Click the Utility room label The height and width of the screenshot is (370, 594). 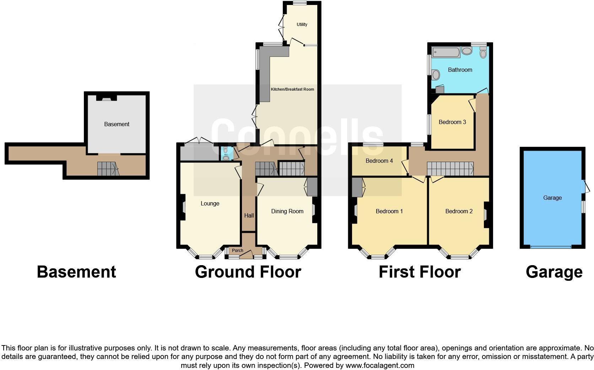point(302,25)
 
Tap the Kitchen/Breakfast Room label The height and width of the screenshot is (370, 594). point(292,89)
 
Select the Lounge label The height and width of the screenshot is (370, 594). point(210,204)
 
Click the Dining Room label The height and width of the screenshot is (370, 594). point(287,211)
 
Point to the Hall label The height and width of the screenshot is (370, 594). point(249,216)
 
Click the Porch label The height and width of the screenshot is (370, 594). point(238,251)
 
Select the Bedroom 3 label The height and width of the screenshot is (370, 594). point(452,122)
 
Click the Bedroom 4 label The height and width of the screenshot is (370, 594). point(379,161)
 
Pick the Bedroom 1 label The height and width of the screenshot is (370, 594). point(389,211)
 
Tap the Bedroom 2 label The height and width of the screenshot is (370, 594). point(459,211)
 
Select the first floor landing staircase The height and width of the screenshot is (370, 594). point(450,168)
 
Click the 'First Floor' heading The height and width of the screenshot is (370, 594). point(420,272)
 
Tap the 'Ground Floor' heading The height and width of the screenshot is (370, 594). point(248,272)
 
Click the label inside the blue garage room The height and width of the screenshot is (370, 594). point(552,198)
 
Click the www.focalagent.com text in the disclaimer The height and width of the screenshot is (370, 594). point(379,365)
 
